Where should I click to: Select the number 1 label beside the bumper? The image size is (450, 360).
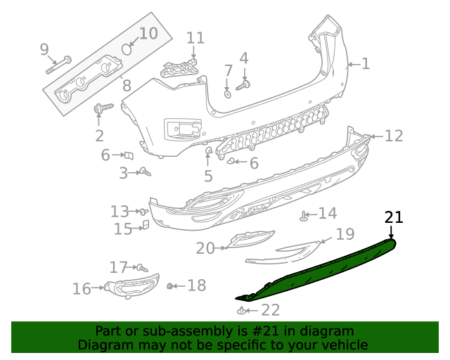click(365, 64)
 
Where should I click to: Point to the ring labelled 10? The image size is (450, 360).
click(128, 49)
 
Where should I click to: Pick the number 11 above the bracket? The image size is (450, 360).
click(195, 38)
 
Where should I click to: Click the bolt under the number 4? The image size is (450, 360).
click(243, 86)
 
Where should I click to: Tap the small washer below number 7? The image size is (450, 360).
click(228, 93)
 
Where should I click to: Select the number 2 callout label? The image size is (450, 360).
click(99, 136)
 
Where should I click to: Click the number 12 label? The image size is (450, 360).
click(394, 136)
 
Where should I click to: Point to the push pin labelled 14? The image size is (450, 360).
click(304, 217)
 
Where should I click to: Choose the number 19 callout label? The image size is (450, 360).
click(345, 234)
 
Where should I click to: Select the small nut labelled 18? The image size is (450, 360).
click(170, 285)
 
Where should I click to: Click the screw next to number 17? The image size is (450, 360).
click(141, 267)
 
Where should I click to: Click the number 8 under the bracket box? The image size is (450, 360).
click(127, 86)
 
